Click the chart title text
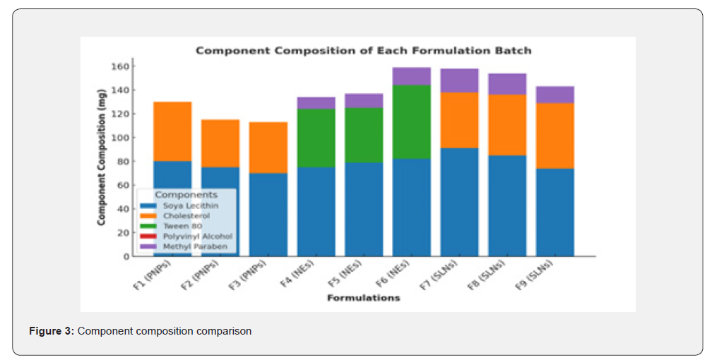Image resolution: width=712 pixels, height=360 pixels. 363,51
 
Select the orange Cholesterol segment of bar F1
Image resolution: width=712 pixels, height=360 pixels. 172,131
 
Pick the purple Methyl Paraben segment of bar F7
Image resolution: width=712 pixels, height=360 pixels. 459,80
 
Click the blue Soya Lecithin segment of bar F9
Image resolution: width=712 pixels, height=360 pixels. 554,212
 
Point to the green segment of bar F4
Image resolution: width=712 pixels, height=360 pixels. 316,138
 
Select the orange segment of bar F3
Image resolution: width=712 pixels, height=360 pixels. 268,148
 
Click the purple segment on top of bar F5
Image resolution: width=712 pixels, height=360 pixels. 364,100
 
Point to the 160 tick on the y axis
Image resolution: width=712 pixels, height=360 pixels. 121,66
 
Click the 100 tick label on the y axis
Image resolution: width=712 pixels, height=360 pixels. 121,138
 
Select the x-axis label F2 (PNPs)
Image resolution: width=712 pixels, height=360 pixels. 206,276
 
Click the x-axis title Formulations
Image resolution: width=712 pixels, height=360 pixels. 363,298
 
